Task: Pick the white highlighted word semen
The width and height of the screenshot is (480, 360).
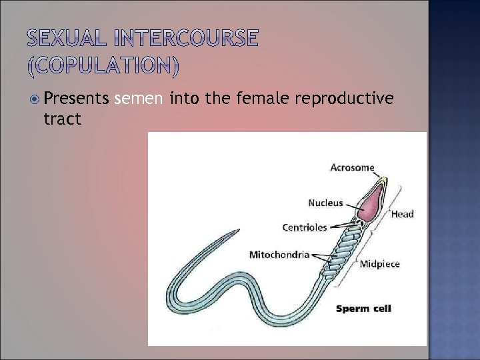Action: (139, 99)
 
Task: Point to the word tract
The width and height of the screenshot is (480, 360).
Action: (62, 119)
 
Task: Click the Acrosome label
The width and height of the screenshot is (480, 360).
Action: (352, 167)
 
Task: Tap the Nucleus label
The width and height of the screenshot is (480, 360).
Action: (325, 203)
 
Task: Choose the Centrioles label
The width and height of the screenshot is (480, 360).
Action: (305, 227)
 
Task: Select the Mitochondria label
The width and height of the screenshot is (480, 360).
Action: (279, 254)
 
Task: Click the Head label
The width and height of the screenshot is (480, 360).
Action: (402, 214)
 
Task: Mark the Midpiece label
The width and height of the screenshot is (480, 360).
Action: (379, 263)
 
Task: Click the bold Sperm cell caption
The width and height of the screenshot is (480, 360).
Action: (363, 308)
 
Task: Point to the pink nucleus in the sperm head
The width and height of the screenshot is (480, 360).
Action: (371, 200)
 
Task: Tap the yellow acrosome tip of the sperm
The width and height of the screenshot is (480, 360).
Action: (385, 180)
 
